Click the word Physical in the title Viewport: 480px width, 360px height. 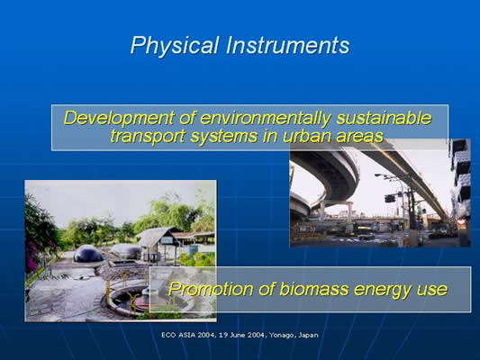(175, 46)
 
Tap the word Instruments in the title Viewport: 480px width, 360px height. (288, 45)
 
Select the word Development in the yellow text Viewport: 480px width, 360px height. (119, 119)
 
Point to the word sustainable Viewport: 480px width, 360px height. (384, 118)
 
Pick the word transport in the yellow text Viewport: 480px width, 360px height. (148, 136)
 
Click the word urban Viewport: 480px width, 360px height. (306, 136)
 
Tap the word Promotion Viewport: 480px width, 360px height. (211, 289)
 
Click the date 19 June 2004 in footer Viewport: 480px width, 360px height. (242, 335)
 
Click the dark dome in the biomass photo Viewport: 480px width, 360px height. (88, 254)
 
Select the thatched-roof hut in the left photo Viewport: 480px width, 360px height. (158, 241)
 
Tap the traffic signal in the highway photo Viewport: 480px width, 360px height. (390, 199)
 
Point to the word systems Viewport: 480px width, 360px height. (223, 136)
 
